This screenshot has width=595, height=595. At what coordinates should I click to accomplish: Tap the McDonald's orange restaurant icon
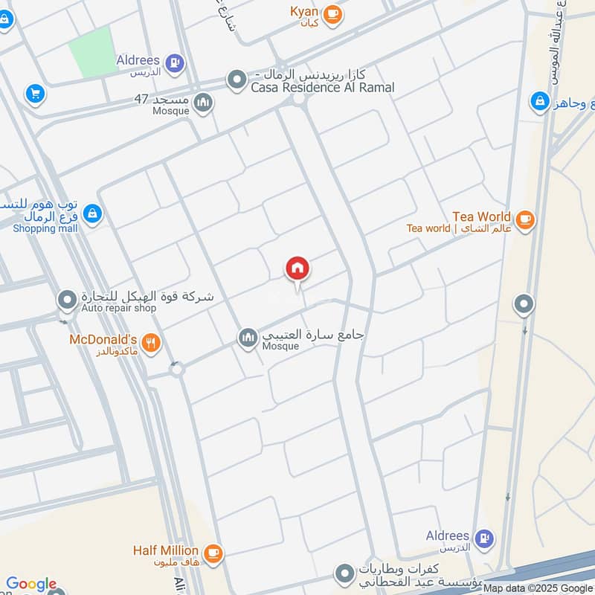pyautogui.click(x=152, y=342)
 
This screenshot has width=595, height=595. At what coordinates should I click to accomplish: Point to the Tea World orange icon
pyautogui.click(x=525, y=219)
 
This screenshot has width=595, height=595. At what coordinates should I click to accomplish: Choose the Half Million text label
pyautogui.click(x=166, y=550)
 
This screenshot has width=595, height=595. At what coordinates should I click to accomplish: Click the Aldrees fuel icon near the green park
pyautogui.click(x=176, y=62)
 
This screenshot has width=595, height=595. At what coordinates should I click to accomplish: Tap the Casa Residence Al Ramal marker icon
pyautogui.click(x=237, y=78)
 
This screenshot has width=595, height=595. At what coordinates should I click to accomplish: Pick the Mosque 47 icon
pyautogui.click(x=202, y=103)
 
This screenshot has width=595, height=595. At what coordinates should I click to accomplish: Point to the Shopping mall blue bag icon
pyautogui.click(x=92, y=214)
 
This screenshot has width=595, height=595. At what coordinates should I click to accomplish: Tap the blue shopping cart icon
pyautogui.click(x=34, y=94)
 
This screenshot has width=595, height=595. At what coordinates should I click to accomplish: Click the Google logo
pyautogui.click(x=31, y=584)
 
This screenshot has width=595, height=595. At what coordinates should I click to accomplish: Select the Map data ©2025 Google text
pyautogui.click(x=537, y=588)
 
